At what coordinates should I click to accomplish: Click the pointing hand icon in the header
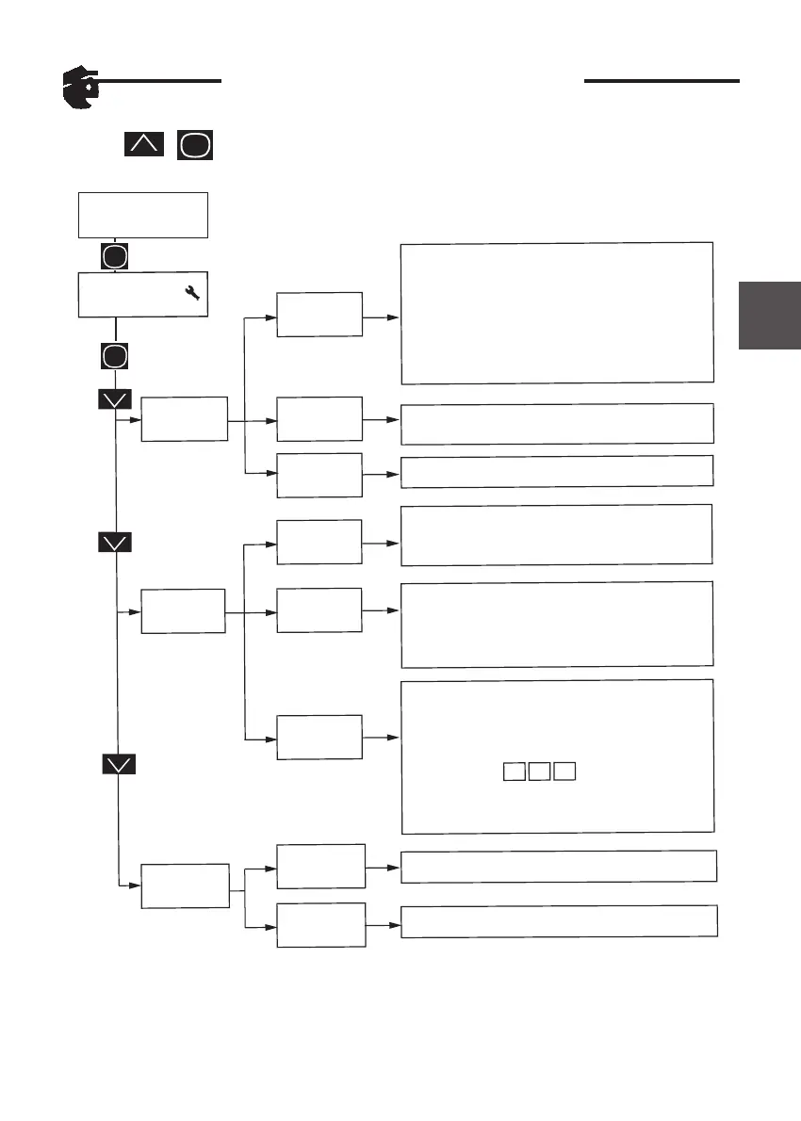(x=78, y=89)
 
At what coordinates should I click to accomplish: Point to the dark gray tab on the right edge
(x=770, y=314)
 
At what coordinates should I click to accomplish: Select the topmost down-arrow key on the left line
(x=115, y=399)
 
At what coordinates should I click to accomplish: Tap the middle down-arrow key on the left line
(x=115, y=543)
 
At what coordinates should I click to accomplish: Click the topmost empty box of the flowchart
(x=142, y=215)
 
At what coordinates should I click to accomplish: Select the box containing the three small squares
(x=557, y=755)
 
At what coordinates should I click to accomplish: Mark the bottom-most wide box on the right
(x=560, y=921)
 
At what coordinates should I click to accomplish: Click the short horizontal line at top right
(x=662, y=81)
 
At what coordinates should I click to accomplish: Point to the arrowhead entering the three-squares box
(x=395, y=736)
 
